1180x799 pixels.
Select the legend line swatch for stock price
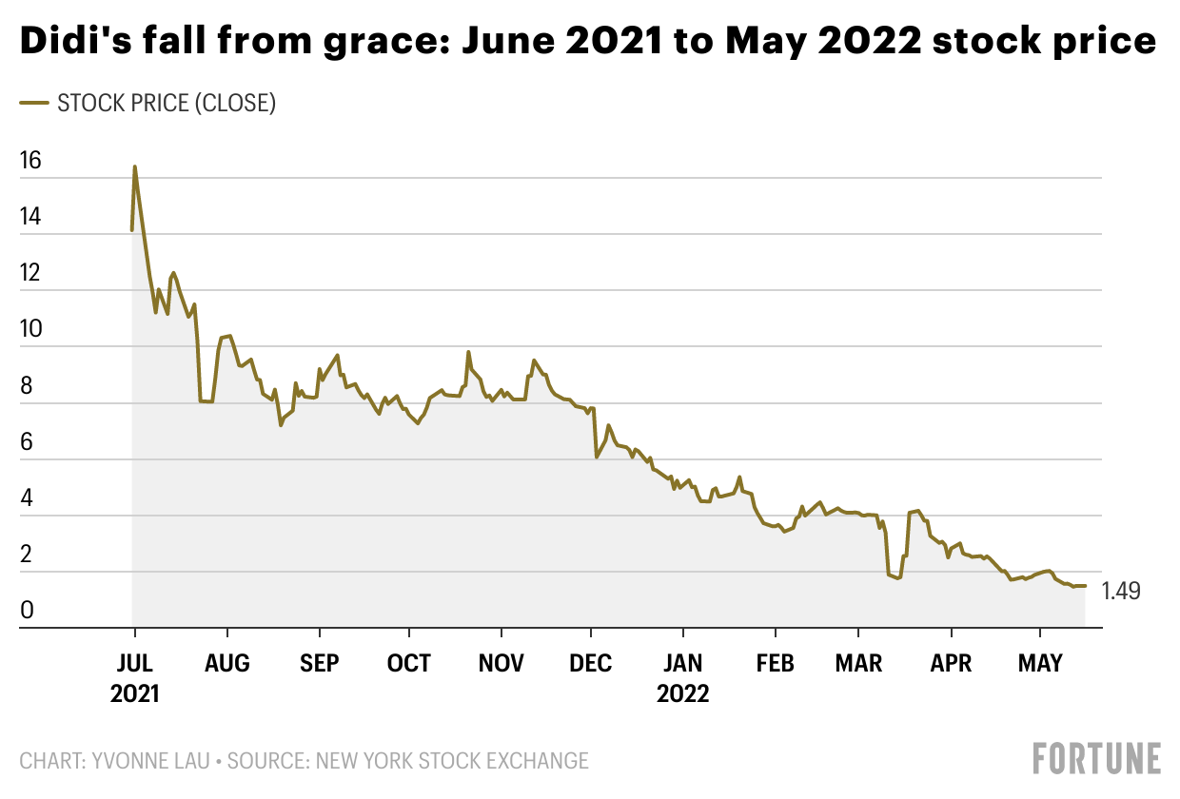(34, 103)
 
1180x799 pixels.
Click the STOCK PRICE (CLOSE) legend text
(167, 103)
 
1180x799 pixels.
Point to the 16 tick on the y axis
(30, 161)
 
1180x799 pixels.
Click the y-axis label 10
(30, 330)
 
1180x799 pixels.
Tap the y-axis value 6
(29, 442)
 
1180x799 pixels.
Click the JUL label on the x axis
(134, 663)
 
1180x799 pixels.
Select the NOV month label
(501, 663)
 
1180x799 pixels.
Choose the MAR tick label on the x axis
(858, 663)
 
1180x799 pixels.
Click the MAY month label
(1040, 663)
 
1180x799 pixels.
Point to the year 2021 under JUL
(134, 693)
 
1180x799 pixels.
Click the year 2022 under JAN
(682, 693)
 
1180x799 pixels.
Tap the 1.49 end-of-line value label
(1121, 591)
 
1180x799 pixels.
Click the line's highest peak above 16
(135, 167)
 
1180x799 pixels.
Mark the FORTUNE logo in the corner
(1096, 758)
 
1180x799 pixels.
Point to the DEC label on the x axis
(591, 663)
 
